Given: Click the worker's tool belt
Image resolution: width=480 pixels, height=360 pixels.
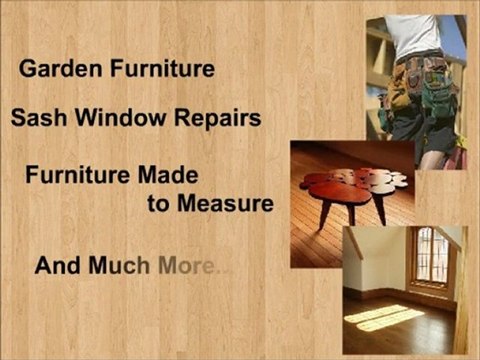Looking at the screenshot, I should point(420,85).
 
